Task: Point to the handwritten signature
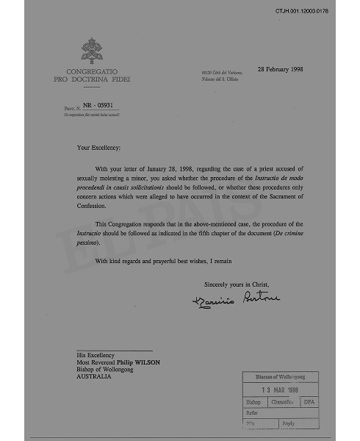pos(237,299)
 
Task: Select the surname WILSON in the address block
pos(146,362)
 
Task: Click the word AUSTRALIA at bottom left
pos(95,376)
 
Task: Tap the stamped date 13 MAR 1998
pos(281,390)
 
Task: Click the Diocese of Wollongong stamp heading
pos(281,377)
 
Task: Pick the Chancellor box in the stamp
pos(282,403)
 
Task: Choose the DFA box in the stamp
pos(309,403)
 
